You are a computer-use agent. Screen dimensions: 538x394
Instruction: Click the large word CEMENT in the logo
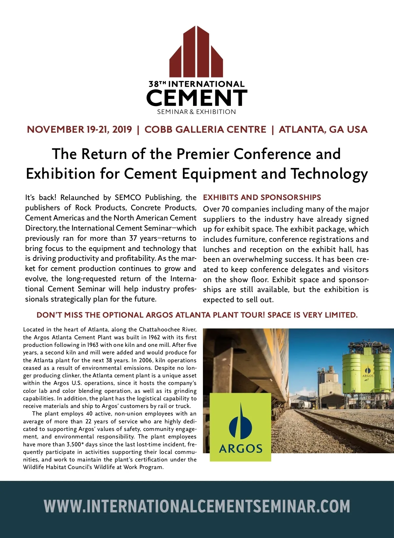pyautogui.click(x=196, y=98)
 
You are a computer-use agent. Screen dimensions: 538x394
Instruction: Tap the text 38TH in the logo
pyautogui.click(x=157, y=84)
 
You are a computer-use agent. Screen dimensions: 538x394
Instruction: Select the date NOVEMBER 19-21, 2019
pyautogui.click(x=79, y=129)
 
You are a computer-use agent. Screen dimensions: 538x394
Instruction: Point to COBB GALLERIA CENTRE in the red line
pyautogui.click(x=205, y=129)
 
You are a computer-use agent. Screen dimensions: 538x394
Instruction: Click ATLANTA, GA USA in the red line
pyautogui.click(x=323, y=129)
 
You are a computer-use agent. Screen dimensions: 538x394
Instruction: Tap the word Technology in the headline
pyautogui.click(x=329, y=174)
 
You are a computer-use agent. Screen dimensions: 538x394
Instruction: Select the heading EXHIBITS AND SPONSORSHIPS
pyautogui.click(x=262, y=197)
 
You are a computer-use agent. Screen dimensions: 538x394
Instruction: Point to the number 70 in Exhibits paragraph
pyautogui.click(x=225, y=209)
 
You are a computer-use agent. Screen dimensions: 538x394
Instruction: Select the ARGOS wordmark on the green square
pyautogui.click(x=241, y=449)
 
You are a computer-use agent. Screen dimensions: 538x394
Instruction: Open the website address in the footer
pyautogui.click(x=197, y=506)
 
